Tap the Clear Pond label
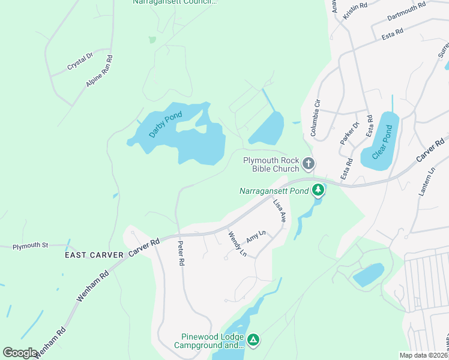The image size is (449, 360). [x=384, y=143]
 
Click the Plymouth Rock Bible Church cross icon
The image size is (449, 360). [x=308, y=164]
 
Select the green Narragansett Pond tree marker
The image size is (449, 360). [x=318, y=191]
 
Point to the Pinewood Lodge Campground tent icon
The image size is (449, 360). [x=254, y=341]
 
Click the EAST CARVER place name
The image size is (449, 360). [x=94, y=255]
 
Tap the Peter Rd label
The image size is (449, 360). [x=181, y=254]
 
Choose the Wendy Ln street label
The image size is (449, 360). [x=238, y=244]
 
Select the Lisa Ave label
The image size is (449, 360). [x=279, y=211]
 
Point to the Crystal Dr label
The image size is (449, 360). [x=80, y=61]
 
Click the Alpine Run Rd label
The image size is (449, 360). [x=100, y=72]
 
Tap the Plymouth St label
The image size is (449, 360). [x=30, y=245]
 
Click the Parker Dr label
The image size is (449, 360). [x=349, y=133]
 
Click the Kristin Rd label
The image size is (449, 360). [x=354, y=11]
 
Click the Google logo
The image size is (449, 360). [x=20, y=353]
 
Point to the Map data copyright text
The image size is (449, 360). [x=424, y=355]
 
